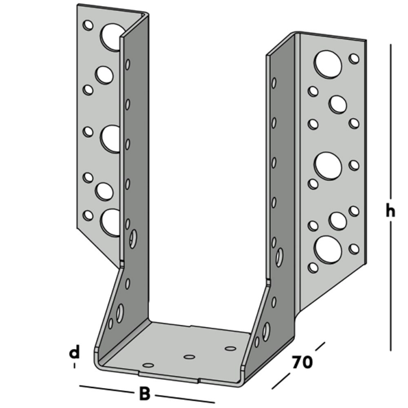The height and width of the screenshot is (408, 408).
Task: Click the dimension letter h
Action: pyautogui.click(x=389, y=212)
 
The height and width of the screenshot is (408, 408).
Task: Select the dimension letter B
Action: pyautogui.click(x=144, y=394)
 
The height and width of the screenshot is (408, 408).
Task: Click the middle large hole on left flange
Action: pyautogui.click(x=110, y=138)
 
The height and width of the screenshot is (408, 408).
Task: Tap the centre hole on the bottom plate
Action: pyautogui.click(x=190, y=357)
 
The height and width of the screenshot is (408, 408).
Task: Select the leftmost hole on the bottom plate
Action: pyautogui.click(x=148, y=365)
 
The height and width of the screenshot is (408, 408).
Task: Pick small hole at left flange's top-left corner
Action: pyautogui.click(x=88, y=26)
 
